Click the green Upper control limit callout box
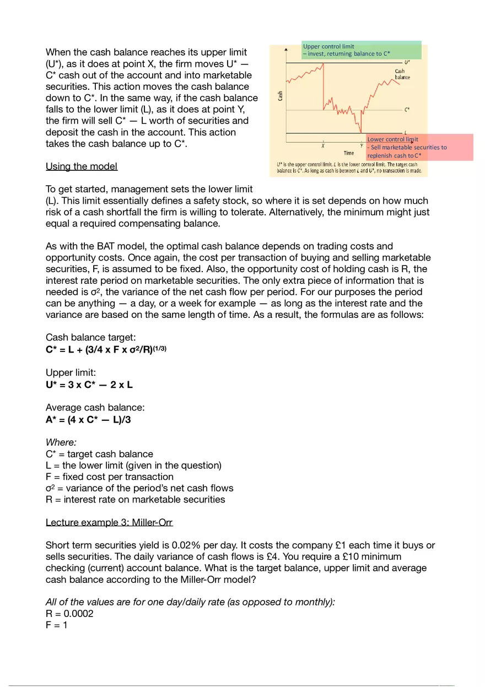362,50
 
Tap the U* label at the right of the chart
407,63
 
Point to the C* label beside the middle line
407,110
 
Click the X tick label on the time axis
322,146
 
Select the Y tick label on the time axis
361,146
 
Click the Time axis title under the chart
349,153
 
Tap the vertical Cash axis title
281,95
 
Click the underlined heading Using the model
81,166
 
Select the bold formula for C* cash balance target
106,349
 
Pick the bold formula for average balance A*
88,420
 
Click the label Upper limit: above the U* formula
71,373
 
